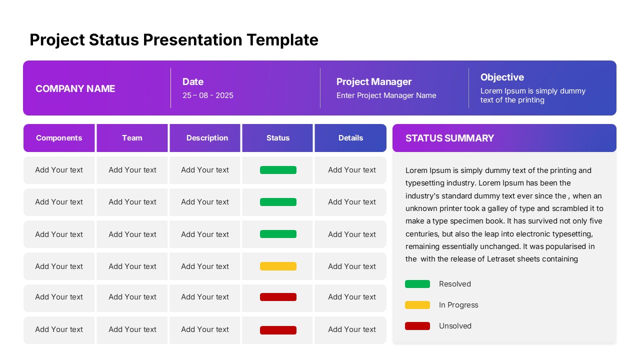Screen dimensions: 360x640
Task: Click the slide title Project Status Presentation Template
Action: click(174, 39)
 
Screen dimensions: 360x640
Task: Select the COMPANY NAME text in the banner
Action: click(75, 88)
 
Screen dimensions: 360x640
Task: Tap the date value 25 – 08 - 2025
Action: click(208, 95)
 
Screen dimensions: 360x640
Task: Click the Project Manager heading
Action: click(374, 81)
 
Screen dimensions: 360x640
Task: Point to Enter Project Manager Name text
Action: click(386, 95)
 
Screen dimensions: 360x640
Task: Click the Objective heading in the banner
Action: click(502, 77)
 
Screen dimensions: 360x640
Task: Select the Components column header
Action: click(59, 138)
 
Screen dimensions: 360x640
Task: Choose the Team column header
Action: click(132, 138)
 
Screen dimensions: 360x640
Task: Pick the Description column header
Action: click(207, 138)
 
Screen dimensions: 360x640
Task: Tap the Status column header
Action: click(278, 138)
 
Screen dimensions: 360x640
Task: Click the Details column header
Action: click(350, 138)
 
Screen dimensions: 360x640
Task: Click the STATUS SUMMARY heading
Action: click(449, 138)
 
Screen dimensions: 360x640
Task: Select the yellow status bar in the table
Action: click(278, 266)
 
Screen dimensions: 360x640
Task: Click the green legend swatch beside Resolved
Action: click(417, 284)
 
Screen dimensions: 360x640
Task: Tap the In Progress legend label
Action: click(458, 305)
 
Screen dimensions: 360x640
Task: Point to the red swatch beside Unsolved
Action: click(417, 326)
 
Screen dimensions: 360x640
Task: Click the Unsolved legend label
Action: click(455, 326)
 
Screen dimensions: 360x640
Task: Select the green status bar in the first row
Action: click(278, 170)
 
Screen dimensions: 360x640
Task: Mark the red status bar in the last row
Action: click(278, 330)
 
